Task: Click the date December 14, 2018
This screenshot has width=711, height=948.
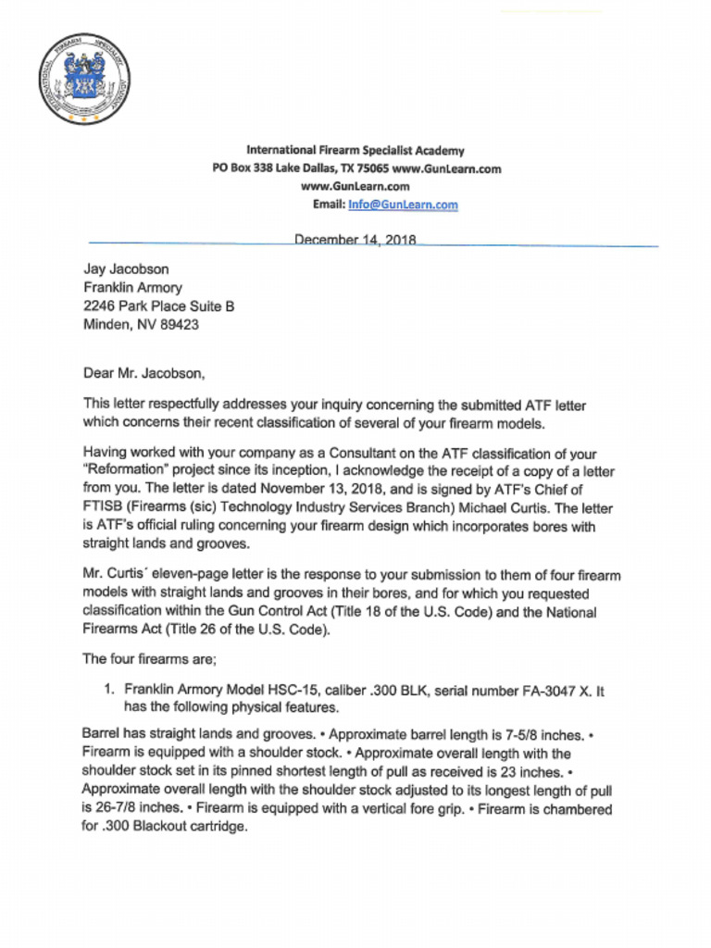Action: (355, 240)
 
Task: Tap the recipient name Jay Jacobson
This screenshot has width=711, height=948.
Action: (127, 269)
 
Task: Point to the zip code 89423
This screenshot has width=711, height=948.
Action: (179, 325)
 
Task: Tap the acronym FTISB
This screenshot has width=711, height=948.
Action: (105, 508)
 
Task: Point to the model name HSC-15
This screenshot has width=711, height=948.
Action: (282, 690)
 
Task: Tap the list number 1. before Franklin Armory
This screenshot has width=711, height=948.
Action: (107, 690)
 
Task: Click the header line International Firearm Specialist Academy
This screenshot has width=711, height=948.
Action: (355, 150)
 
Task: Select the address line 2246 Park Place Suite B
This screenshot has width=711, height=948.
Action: (158, 306)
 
